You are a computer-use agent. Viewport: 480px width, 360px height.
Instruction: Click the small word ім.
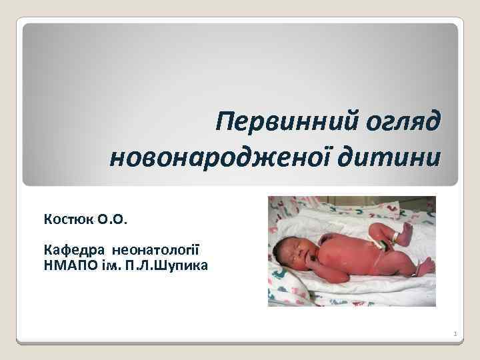[111, 265]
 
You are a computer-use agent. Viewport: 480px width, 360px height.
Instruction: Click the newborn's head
[294, 253]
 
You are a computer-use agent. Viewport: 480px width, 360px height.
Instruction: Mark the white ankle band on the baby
[396, 236]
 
